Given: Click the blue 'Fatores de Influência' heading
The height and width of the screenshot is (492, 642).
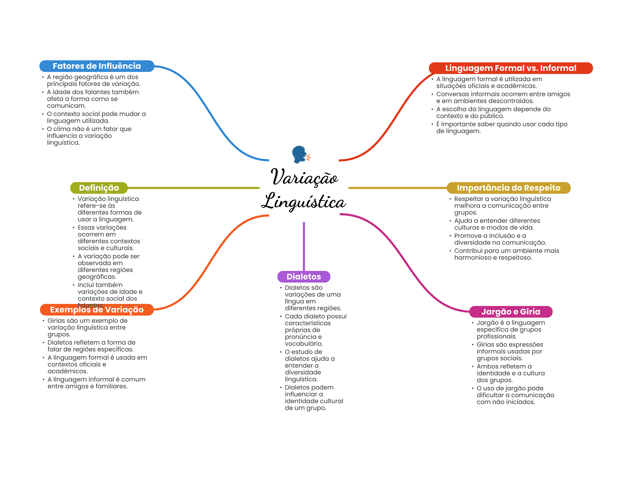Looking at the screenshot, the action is pos(97,66).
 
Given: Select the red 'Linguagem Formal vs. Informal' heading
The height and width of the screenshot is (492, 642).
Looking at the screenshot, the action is pos(511,68).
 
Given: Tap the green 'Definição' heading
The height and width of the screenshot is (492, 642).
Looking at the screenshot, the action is pos(99,188).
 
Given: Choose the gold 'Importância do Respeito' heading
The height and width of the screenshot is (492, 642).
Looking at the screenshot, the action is pos(508,188).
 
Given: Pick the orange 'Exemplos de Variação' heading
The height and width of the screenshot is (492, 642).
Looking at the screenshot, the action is pos(97,310).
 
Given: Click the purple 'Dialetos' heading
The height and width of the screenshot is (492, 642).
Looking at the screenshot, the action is pos(304,277).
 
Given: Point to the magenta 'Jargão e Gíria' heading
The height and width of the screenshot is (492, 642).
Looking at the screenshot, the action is pos(511,312).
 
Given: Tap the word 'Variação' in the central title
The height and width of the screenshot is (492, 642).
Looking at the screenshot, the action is pos(304,177).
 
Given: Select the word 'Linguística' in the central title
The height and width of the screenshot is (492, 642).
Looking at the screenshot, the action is pos(303,201).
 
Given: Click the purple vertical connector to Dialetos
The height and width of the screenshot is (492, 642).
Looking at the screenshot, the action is pos(304,246).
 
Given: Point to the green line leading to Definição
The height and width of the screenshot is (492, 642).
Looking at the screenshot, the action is pos(193,188).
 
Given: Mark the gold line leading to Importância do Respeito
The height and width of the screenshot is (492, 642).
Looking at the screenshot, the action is pos(397,188).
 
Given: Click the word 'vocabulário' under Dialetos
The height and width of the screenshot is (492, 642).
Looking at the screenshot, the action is pos(304,344).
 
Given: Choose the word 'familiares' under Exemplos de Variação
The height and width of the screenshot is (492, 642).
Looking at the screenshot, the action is pos(112,386).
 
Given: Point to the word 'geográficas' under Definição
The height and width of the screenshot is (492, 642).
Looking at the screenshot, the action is pos(97,277).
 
